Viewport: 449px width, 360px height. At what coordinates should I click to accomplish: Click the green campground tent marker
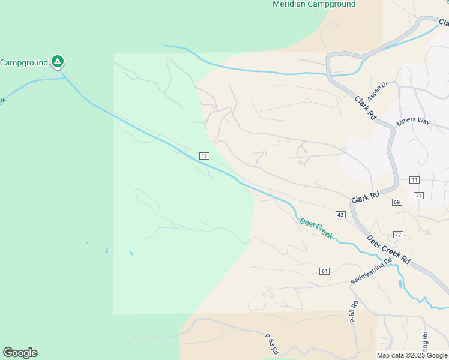click(x=58, y=61)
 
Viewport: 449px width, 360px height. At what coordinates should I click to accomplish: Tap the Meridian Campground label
click(x=314, y=4)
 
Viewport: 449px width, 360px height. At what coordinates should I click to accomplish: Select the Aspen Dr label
click(x=381, y=92)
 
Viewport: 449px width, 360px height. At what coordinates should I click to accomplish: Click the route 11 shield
click(x=414, y=180)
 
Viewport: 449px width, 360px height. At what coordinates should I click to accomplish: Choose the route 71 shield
click(x=419, y=196)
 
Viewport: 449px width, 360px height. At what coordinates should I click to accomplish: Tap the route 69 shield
click(x=397, y=202)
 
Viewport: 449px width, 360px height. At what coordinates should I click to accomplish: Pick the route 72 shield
click(x=398, y=234)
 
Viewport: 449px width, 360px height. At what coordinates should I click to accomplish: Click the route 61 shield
click(x=325, y=271)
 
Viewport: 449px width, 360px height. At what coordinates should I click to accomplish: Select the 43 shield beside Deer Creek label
click(x=340, y=215)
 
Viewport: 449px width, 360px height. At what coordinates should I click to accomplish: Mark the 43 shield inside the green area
click(x=204, y=156)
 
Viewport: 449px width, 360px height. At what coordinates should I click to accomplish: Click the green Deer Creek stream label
click(x=316, y=229)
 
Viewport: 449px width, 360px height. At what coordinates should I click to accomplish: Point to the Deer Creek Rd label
click(x=388, y=250)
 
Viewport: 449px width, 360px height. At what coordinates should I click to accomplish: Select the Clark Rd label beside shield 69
click(x=366, y=197)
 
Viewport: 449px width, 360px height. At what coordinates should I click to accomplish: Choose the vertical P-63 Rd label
click(x=353, y=311)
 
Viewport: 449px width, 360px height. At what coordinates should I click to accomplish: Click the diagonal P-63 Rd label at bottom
click(x=274, y=344)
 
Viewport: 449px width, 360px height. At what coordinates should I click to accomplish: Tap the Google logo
click(x=20, y=353)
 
